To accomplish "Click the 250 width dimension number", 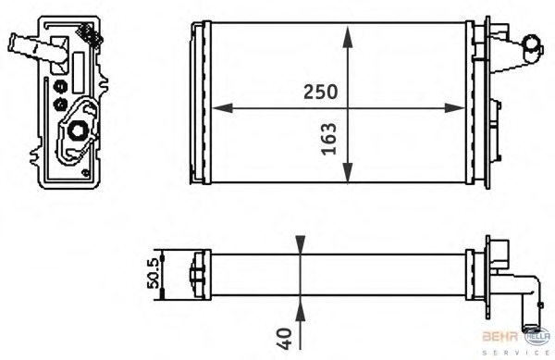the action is coord(321,92).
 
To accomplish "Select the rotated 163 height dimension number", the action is coord(328,139).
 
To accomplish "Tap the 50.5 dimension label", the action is coord(154,273).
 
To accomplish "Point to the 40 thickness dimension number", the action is coord(285,339).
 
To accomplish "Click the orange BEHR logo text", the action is coord(499,336).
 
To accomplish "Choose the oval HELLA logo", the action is coord(537,336).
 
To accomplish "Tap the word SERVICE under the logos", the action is coord(516,353).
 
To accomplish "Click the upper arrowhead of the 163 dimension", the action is coord(348,36).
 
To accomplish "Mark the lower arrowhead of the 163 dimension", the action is coord(348,172).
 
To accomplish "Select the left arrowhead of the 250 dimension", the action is coord(222,108).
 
